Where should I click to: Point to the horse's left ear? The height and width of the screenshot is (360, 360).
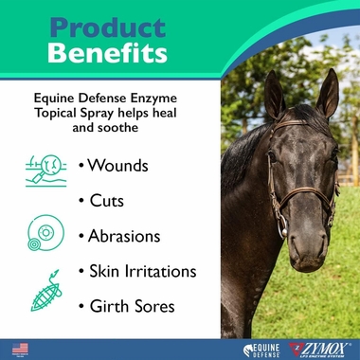tap(328, 93)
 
